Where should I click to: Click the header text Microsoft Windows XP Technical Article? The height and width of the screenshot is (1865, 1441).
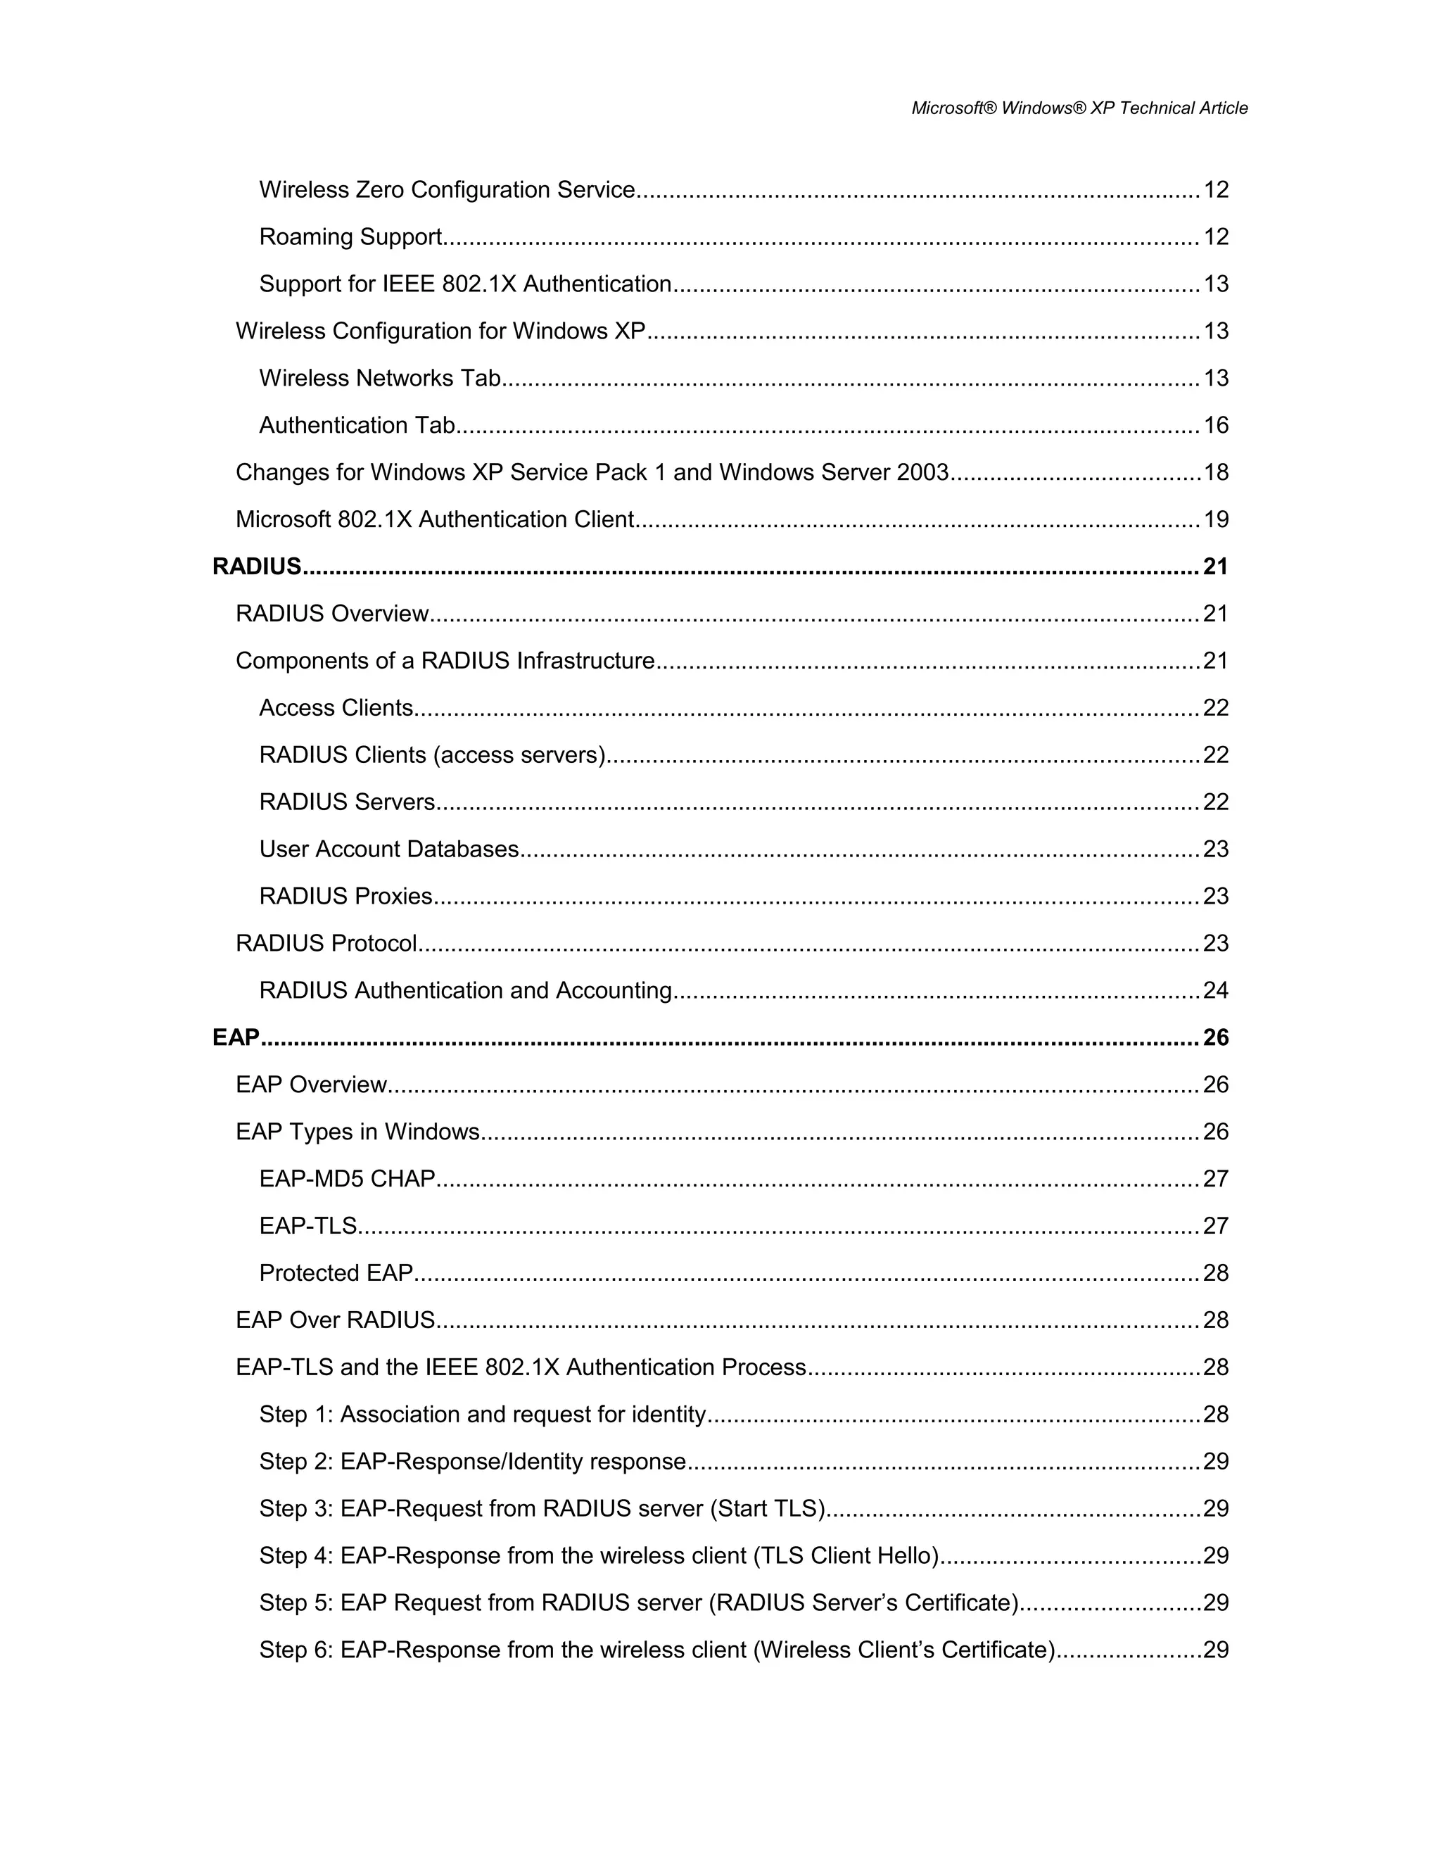pyautogui.click(x=1079, y=108)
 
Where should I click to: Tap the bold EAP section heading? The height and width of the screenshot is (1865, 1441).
pyautogui.click(x=236, y=1037)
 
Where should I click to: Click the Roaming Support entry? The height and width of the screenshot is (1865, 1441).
pyautogui.click(x=350, y=236)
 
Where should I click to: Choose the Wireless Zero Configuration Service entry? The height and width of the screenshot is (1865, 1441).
pyautogui.click(x=447, y=189)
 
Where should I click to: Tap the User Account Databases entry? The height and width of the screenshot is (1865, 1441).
pyautogui.click(x=388, y=849)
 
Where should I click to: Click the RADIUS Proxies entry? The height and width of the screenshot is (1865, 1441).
pyautogui.click(x=345, y=896)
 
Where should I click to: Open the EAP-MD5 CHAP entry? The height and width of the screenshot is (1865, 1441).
pyautogui.click(x=348, y=1178)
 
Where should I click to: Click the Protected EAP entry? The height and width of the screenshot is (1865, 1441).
pyautogui.click(x=336, y=1273)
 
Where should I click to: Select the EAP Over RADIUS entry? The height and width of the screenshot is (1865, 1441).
pyautogui.click(x=336, y=1320)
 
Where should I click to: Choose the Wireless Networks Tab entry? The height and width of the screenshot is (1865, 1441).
pyautogui.click(x=380, y=379)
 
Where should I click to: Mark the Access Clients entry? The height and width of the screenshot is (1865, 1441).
pyautogui.click(x=336, y=708)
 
